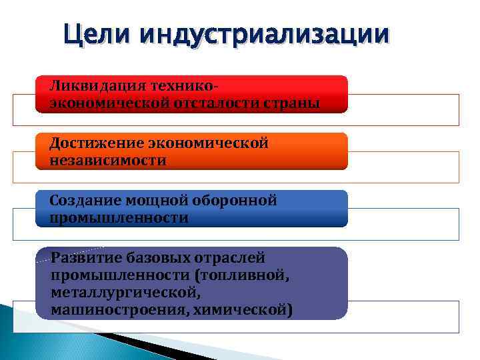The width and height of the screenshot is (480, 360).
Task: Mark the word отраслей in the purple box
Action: (x=229, y=258)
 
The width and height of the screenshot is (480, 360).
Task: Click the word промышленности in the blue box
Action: (x=119, y=218)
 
